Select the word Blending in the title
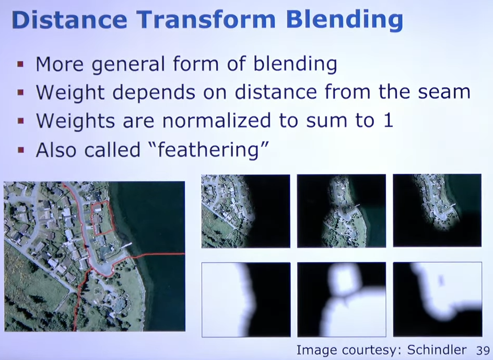(345, 21)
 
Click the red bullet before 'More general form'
(21, 64)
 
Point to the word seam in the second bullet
(444, 92)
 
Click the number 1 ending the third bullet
(389, 121)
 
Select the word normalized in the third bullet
(216, 121)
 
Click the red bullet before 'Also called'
(21, 150)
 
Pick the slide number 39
(483, 350)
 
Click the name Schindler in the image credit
(437, 350)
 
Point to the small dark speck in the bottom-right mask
(441, 280)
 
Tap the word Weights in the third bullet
(75, 121)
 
